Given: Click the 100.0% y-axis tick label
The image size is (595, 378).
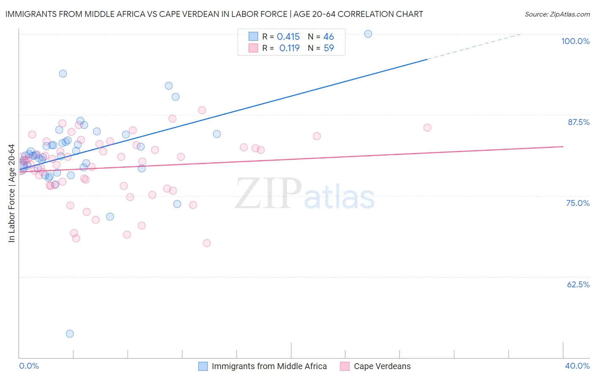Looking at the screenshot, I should click(575, 41).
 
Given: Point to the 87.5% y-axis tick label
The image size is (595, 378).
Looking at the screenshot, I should click(578, 122).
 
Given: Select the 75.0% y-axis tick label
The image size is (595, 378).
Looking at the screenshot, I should click(578, 203).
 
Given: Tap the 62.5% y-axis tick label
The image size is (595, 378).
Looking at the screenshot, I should click(578, 284).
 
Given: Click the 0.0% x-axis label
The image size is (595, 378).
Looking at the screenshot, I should click(29, 366).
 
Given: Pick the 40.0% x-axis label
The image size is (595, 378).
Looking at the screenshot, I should click(577, 366).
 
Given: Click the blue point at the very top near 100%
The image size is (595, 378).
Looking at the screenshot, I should click(368, 34).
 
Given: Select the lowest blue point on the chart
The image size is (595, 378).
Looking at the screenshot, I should click(70, 334).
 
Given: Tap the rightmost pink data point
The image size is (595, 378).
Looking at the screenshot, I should click(427, 128).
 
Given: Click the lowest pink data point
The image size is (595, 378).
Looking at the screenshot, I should click(207, 243).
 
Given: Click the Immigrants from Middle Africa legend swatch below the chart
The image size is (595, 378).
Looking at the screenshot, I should click(203, 366).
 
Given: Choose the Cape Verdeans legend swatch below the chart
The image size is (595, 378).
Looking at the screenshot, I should click(345, 366).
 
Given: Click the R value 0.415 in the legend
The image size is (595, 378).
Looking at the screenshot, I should click(288, 37).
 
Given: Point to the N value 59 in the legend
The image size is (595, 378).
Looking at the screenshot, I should click(329, 48).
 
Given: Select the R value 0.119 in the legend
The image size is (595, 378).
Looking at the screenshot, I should click(289, 48).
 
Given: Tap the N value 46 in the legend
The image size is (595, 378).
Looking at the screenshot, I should click(329, 37).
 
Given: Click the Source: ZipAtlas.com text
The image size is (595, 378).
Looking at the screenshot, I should click(557, 14).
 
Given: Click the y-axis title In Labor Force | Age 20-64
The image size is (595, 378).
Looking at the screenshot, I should click(12, 193).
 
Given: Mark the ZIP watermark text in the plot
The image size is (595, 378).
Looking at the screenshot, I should click(268, 194).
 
